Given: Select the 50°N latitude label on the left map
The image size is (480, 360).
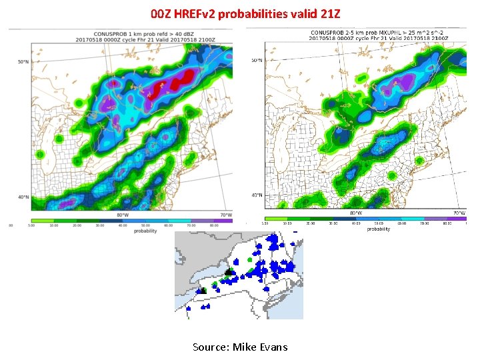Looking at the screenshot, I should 23,62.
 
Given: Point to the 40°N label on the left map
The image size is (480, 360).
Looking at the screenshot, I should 23,197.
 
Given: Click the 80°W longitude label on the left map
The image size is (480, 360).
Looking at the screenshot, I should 123,215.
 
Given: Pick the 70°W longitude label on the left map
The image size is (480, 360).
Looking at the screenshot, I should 227,215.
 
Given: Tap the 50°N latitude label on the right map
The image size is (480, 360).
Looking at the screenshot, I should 256,61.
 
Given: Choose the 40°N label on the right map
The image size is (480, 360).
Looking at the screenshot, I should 256,195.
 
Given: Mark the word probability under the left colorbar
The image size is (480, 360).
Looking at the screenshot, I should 145,231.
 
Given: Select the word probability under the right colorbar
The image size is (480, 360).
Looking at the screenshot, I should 378,229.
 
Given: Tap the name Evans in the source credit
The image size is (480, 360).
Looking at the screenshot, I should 273,347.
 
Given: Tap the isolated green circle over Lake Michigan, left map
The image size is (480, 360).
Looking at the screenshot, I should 59,138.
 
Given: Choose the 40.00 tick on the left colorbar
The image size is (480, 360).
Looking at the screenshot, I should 123,225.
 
